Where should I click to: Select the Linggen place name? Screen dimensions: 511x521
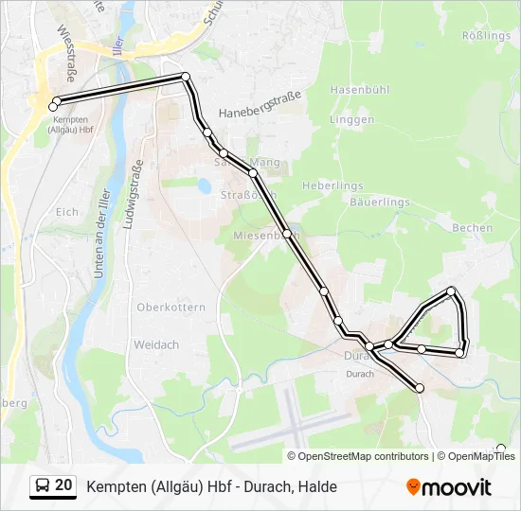[x=352, y=119]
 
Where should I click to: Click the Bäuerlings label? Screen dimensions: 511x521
[x=379, y=203]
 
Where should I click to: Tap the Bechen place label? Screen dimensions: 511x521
[x=473, y=228]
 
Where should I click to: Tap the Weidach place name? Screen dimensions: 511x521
[x=156, y=344]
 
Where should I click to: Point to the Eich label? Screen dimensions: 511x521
[x=67, y=212]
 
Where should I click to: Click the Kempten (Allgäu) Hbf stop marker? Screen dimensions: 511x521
[x=53, y=106]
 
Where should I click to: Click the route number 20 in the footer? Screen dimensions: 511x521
[x=63, y=485]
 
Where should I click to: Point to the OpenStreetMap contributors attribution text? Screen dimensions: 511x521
[x=363, y=456]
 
